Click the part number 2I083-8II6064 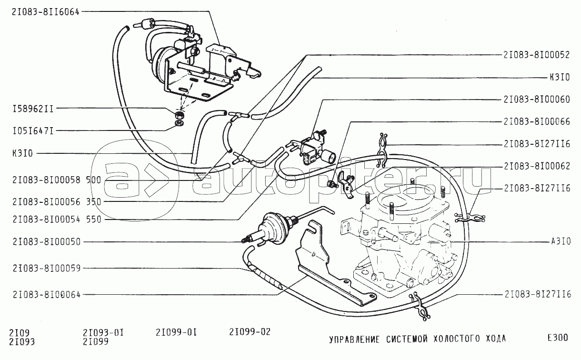[x=45, y=12]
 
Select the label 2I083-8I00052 [x=536, y=55]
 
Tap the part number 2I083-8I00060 [x=537, y=100]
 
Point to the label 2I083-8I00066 [x=537, y=121]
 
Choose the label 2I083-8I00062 [x=537, y=166]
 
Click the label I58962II [x=33, y=109]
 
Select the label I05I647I [x=33, y=131]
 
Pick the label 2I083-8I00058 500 [x=57, y=180]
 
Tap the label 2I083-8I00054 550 [x=57, y=220]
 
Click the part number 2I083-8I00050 [x=47, y=242]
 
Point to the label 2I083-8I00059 [x=47, y=269]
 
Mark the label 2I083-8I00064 [x=47, y=295]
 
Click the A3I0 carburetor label [x=561, y=241]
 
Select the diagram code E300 [x=558, y=338]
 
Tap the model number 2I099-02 [x=250, y=332]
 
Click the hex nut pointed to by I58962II [x=180, y=114]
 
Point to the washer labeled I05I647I [x=180, y=123]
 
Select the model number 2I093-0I [x=103, y=332]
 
